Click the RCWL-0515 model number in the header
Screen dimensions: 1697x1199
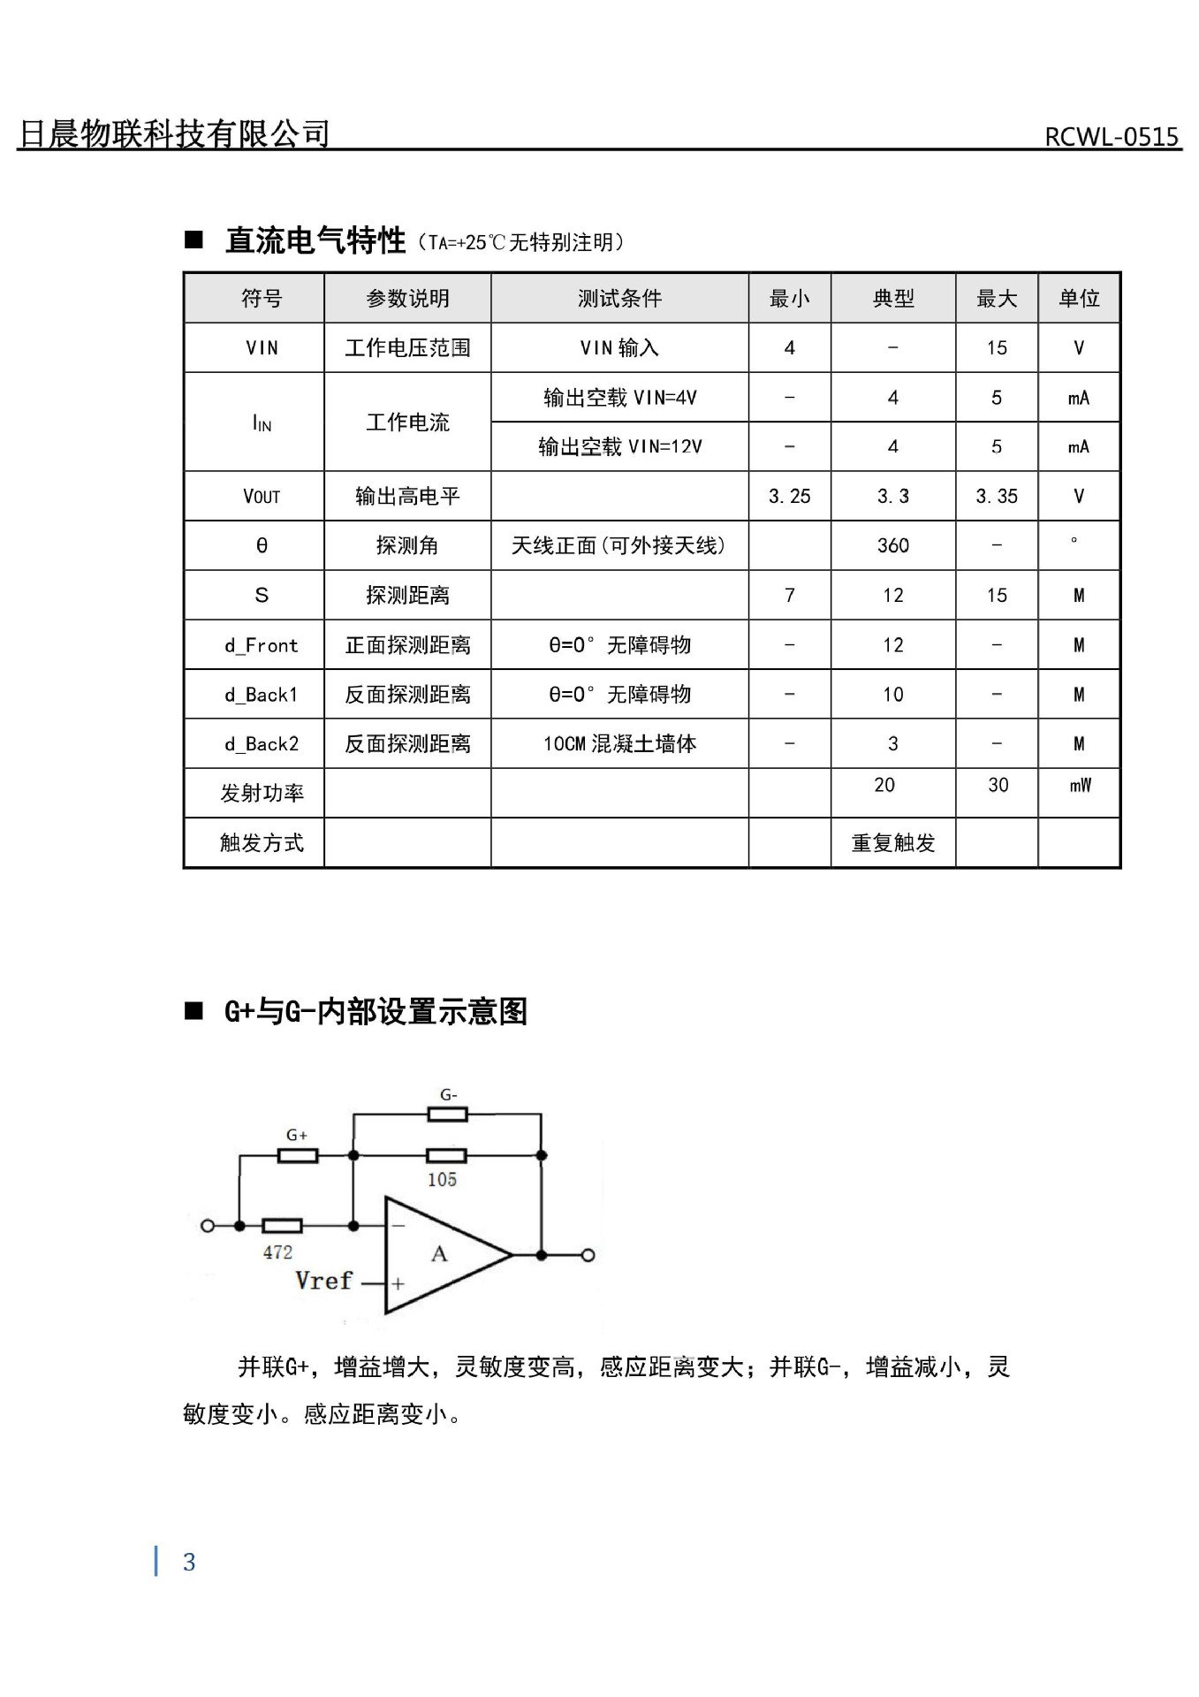point(1112,137)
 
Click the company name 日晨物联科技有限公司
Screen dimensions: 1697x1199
point(174,133)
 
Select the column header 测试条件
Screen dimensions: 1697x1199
point(619,299)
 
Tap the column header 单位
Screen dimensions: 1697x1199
point(1079,299)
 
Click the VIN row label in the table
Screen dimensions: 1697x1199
point(262,348)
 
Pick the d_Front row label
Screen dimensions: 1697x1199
point(262,646)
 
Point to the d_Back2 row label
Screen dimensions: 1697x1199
point(262,744)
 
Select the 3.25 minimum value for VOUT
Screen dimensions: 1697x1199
point(789,497)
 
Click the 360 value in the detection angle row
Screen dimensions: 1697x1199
point(892,546)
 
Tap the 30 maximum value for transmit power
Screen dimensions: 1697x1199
point(998,785)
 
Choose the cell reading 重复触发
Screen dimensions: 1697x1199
point(892,843)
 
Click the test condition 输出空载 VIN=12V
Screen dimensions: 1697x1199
point(619,447)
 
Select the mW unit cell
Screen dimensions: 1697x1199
point(1080,785)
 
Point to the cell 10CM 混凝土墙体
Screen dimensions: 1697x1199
point(619,744)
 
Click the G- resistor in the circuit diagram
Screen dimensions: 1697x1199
point(448,1114)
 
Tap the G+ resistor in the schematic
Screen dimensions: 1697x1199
point(297,1155)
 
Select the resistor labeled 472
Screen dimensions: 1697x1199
point(282,1226)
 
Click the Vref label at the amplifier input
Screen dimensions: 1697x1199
point(323,1281)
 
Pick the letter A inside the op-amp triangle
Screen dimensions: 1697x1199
point(439,1254)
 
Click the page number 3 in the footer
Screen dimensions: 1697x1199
point(189,1563)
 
